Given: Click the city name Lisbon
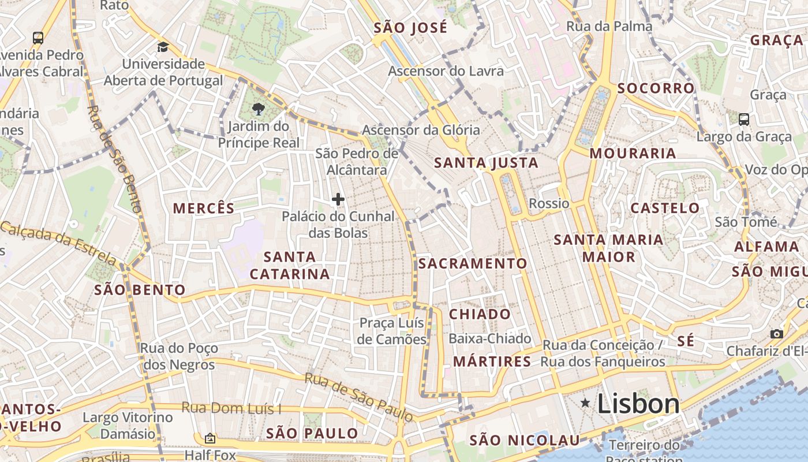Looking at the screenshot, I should point(638,403).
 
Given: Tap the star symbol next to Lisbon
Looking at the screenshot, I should point(585,403).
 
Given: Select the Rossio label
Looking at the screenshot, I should point(549,203).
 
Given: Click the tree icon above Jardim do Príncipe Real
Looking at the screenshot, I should point(259,109).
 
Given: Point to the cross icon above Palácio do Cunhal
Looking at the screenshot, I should point(338,200).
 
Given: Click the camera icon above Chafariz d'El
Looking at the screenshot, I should point(777,334).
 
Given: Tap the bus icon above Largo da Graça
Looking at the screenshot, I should point(744,120).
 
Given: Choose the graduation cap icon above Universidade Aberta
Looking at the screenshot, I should point(163,47).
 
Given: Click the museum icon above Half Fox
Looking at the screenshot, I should point(210,438).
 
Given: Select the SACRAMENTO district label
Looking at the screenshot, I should point(473,264).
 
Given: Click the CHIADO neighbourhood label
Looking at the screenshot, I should point(480,314).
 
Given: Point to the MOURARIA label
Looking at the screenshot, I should point(633,154).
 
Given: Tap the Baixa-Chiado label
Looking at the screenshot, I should point(489,338).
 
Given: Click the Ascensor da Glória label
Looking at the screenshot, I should point(421,130).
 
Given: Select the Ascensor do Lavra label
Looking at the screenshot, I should point(446,71).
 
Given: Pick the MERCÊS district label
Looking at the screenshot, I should point(204,208).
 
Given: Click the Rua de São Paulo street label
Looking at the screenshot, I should point(358,397).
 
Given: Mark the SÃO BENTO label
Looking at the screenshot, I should point(140,290).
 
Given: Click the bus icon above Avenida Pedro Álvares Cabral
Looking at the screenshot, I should point(38,38).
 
